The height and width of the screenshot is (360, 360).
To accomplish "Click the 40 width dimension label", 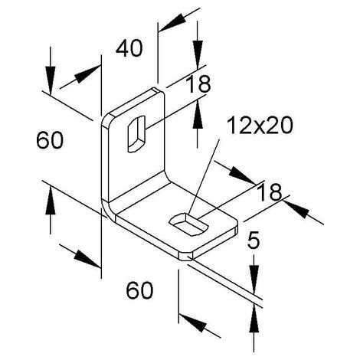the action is (x=129, y=48).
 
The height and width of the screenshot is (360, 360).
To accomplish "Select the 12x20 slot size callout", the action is (x=260, y=125).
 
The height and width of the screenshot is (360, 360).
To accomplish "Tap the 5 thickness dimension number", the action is (x=254, y=240).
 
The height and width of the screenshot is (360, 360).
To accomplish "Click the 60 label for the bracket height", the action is (x=50, y=140).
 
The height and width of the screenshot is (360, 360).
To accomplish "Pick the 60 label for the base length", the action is (x=139, y=290).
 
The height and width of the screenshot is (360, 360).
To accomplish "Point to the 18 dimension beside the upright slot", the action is (x=198, y=83).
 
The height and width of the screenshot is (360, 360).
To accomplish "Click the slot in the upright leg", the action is (x=137, y=134).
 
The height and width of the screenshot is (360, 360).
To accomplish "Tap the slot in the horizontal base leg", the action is (x=189, y=224).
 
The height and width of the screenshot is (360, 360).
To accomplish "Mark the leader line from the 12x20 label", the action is (x=204, y=177).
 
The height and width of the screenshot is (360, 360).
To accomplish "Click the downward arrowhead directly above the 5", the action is (x=254, y=279).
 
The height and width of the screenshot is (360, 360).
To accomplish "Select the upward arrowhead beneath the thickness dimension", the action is (x=254, y=320).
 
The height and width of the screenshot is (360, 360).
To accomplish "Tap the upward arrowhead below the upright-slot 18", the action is (x=198, y=114).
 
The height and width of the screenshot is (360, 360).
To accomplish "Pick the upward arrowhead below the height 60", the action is (x=51, y=201).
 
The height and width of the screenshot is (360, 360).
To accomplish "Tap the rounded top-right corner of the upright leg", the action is (x=160, y=93).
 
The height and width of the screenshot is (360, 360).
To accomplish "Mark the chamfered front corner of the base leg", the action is (x=186, y=256).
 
